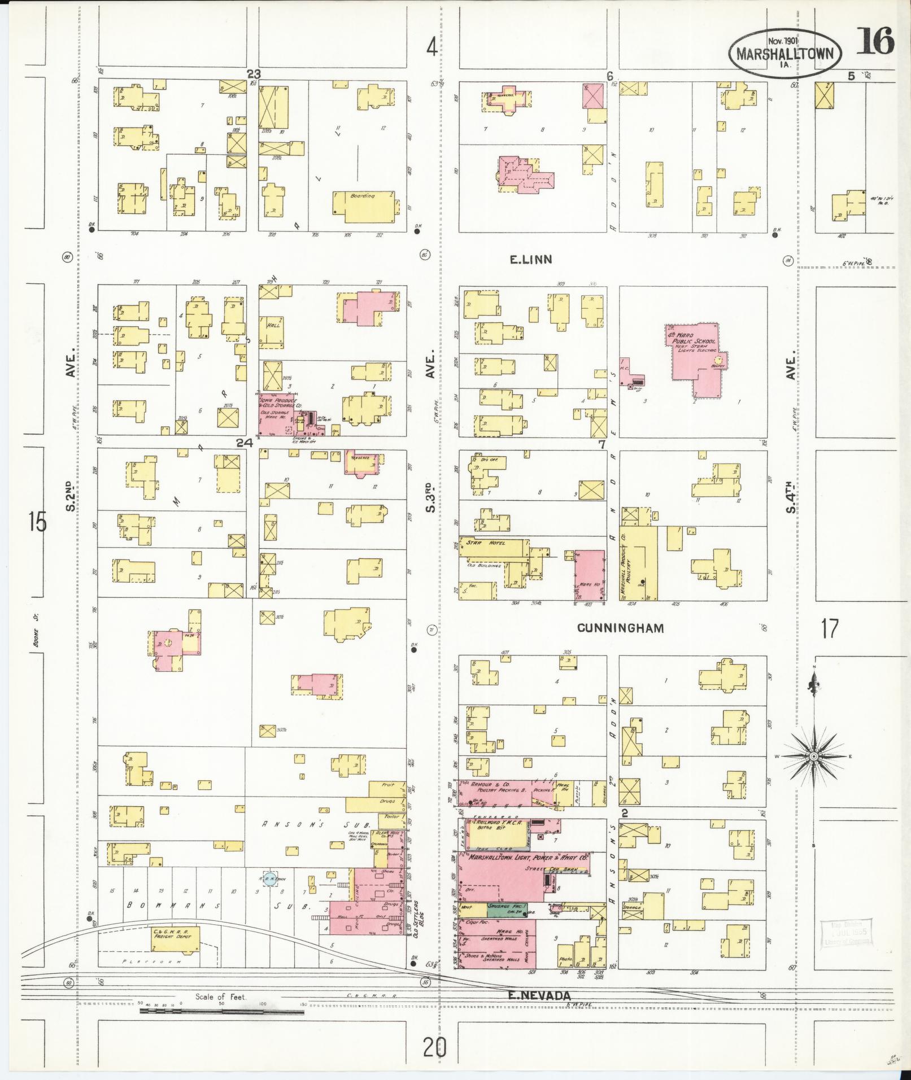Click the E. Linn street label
click(530, 260)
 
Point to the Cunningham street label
click(620, 628)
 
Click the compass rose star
click(813, 756)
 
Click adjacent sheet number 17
click(830, 628)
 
